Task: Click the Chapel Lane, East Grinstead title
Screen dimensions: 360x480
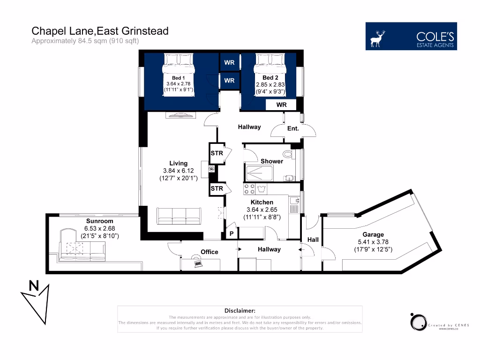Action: coord(100,31)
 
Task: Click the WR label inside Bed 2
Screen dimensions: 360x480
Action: coord(281,105)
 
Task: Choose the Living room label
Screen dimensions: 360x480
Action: coord(179,163)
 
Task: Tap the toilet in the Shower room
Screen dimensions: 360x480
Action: coord(288,153)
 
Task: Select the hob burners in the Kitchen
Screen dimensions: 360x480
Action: coord(249,189)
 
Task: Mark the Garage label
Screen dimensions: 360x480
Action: coord(373,234)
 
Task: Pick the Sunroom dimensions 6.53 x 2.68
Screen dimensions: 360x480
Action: coord(99,228)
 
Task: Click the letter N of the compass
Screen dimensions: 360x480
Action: coord(34,285)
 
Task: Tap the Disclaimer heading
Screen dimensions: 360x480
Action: coord(240,311)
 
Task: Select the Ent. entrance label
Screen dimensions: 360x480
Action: coord(293,128)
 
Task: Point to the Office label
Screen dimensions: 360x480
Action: coord(210,252)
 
